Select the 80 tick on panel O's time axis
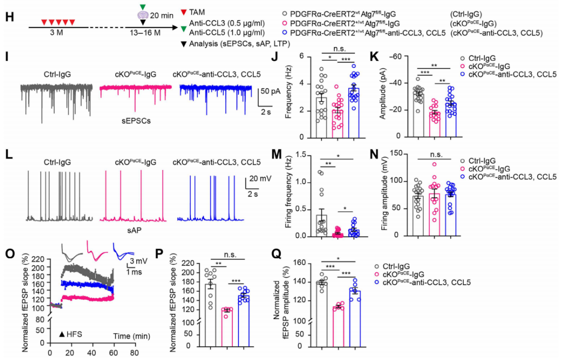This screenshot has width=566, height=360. [134, 353]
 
